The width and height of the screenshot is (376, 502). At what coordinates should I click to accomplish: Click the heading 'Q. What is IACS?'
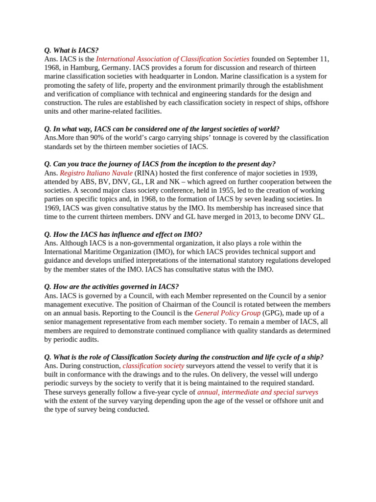71,50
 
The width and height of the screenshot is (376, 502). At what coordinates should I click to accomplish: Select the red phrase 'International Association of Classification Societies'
173,59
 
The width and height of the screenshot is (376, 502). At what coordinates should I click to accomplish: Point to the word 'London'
204,76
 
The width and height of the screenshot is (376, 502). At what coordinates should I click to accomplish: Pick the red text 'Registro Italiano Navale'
96,173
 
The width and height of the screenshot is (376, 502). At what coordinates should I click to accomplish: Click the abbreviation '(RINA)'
146,173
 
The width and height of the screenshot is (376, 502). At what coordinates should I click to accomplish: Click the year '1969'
52,208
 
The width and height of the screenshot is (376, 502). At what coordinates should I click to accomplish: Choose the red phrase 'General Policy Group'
228,313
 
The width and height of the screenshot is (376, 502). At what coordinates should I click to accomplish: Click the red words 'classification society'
153,366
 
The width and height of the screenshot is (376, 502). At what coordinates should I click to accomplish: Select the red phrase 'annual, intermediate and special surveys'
258,392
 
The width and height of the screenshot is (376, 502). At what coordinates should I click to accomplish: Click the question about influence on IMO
123,234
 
